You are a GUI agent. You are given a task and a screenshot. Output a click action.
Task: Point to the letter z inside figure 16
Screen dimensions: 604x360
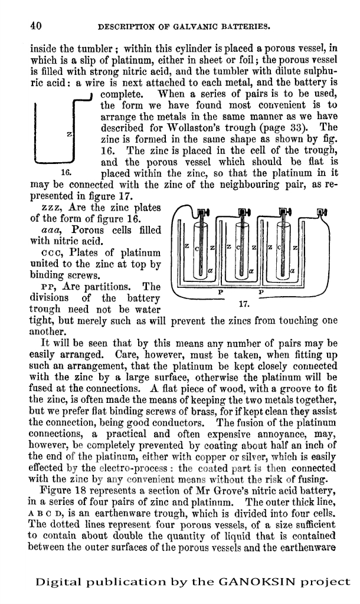[x=69, y=135]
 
